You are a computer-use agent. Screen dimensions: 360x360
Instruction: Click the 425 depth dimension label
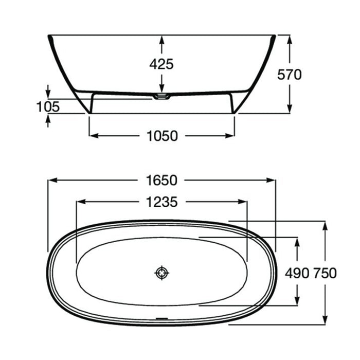pos(162,64)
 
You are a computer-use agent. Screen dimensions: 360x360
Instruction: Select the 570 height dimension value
pos(290,75)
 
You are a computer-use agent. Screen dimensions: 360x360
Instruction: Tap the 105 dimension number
pos(48,106)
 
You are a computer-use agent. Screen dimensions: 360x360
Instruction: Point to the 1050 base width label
pos(162,136)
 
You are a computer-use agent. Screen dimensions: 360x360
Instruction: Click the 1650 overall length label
pos(162,181)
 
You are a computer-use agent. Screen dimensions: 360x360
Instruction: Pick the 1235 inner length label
pos(162,202)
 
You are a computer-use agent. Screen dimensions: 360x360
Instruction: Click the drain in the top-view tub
pos(162,273)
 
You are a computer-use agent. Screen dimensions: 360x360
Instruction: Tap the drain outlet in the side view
pos(161,96)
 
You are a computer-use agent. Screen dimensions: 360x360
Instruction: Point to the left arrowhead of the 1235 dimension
pos(80,202)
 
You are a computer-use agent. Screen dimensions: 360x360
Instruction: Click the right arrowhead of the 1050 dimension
pos(231,136)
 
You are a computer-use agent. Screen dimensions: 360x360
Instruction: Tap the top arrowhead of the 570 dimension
pos(290,39)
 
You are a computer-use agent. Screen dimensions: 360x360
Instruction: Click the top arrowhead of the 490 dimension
pos(297,241)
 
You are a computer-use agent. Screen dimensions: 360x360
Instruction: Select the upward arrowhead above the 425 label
pos(162,39)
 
